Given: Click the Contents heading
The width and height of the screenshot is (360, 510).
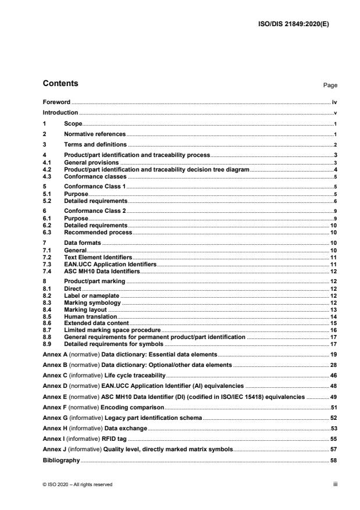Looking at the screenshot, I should (60, 84).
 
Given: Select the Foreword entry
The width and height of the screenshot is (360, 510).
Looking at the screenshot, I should (56, 102).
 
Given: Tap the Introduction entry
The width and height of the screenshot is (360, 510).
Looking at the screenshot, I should (60, 112).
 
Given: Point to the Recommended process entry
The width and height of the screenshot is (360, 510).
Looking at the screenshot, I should (98, 232).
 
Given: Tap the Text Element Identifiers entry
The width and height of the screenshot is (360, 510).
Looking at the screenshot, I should (98, 256).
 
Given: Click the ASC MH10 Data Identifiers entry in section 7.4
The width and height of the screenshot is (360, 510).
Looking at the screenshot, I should (102, 270).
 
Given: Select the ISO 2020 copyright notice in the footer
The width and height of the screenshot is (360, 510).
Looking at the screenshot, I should (78, 484).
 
